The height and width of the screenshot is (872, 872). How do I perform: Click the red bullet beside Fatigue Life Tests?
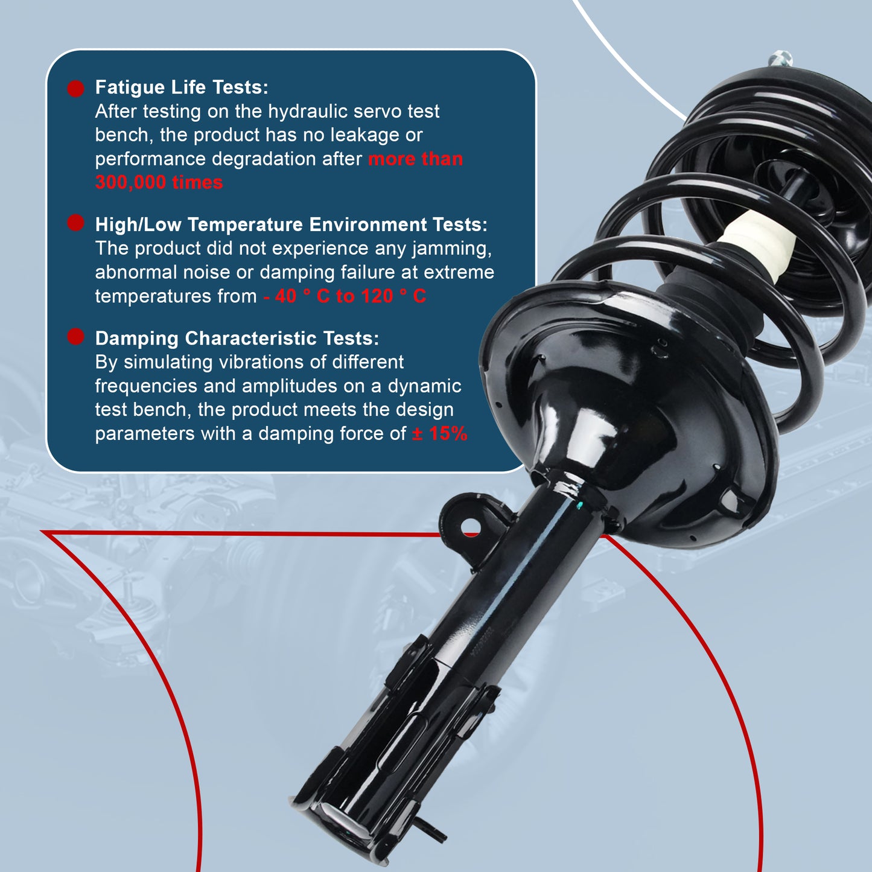[75, 89]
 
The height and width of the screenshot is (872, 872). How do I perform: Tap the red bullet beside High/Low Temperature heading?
[75, 223]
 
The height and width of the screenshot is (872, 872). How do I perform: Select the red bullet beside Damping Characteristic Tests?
[75, 337]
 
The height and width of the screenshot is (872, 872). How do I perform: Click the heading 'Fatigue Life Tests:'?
[182, 88]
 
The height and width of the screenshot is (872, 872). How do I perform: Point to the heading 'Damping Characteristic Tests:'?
[237, 339]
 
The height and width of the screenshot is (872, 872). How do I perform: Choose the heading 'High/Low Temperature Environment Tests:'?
[291, 224]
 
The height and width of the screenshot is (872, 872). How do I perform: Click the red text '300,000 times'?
[159, 182]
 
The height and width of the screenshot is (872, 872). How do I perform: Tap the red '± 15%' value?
[439, 433]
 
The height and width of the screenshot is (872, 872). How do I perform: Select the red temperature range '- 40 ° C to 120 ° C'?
[345, 296]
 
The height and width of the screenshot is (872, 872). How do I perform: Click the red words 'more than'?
[415, 159]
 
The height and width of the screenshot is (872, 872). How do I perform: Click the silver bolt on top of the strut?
[780, 59]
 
